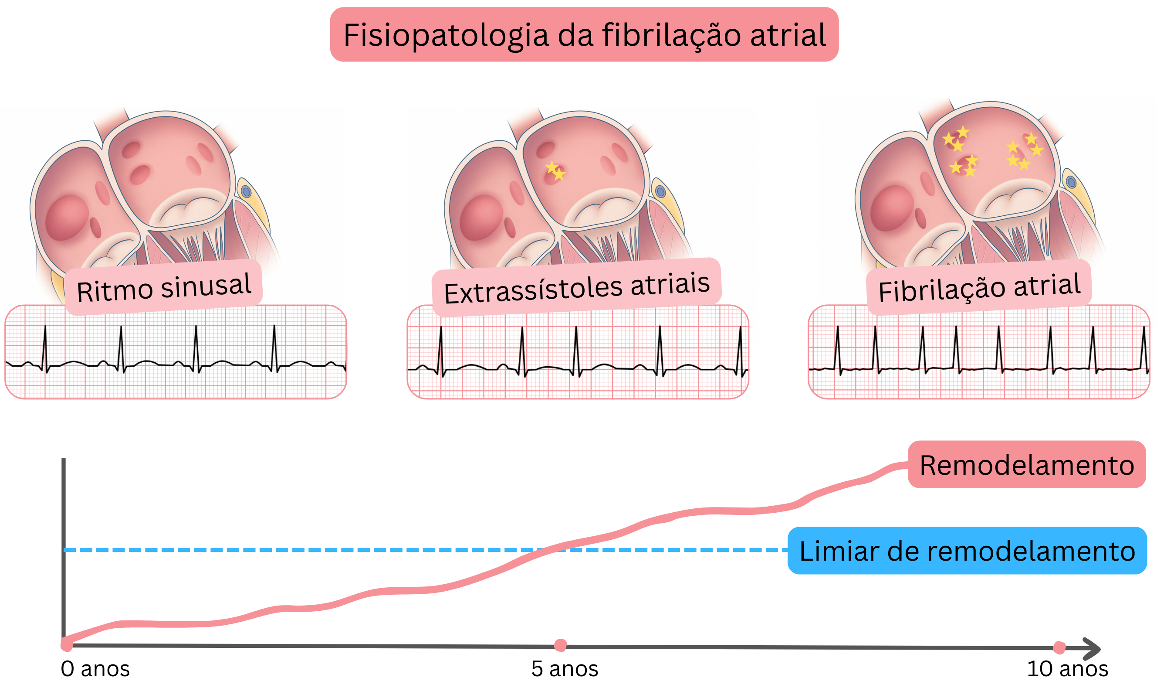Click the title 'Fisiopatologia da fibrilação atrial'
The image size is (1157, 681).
(x=584, y=35)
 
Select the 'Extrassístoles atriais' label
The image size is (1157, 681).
(x=577, y=287)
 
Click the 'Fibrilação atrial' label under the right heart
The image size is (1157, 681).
(x=979, y=287)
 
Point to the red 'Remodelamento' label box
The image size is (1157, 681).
(x=1027, y=465)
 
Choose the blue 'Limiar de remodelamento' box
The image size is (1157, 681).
(x=967, y=551)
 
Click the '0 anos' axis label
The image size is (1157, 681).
(x=95, y=669)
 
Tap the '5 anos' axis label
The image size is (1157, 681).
(x=565, y=669)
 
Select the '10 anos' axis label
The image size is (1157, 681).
(x=1067, y=669)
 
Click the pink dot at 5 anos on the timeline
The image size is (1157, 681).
(x=560, y=645)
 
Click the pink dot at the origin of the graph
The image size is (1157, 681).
(x=67, y=644)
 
